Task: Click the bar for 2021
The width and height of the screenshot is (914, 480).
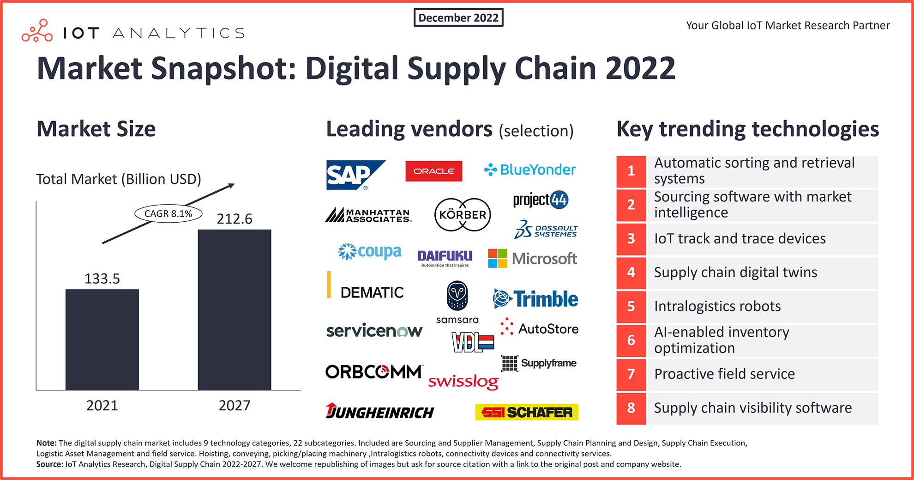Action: (102, 340)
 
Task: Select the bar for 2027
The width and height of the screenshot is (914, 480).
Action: (235, 310)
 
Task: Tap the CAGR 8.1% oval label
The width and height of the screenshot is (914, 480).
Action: (168, 213)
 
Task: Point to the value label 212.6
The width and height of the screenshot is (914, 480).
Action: (235, 219)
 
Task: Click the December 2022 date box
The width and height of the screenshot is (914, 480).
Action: (458, 18)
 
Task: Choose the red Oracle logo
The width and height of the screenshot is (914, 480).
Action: (434, 171)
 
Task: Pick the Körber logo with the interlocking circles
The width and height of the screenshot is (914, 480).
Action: (463, 215)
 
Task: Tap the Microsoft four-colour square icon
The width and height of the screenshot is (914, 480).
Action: (498, 258)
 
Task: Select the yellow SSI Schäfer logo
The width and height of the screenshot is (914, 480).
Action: (527, 412)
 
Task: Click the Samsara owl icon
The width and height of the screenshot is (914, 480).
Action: (457, 296)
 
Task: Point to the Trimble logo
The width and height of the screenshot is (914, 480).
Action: (535, 299)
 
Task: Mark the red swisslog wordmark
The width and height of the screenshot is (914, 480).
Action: (463, 382)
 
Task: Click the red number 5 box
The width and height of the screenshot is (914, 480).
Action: (631, 306)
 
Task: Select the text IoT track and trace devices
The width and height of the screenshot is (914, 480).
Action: (740, 238)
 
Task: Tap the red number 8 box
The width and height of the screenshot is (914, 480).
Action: (631, 408)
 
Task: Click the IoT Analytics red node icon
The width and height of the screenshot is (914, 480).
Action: (37, 31)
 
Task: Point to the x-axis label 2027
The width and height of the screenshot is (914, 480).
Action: (235, 405)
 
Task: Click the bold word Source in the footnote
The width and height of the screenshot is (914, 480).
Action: (48, 464)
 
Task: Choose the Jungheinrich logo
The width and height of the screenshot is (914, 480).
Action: (379, 411)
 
